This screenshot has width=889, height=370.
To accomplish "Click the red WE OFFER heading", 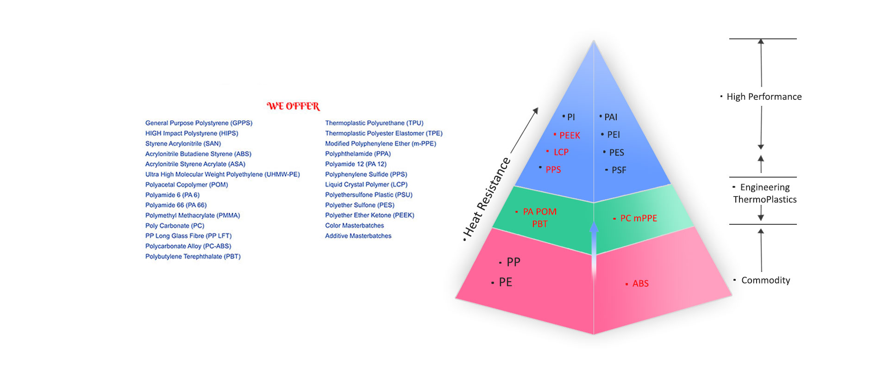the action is (x=293, y=106).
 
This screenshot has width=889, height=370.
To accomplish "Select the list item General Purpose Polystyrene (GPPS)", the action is (x=199, y=123).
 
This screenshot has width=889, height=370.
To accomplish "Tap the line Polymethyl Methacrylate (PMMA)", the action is (x=193, y=216).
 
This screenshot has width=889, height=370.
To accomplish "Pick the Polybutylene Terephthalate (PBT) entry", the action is (x=193, y=256).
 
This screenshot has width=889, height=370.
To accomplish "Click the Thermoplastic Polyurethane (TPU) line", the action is (x=374, y=123).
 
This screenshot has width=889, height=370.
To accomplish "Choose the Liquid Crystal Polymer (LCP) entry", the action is (x=366, y=185).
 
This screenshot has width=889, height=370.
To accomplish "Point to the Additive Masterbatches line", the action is (x=358, y=236).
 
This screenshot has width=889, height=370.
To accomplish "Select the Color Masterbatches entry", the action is (x=355, y=226).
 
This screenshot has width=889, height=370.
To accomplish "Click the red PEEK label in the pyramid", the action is (x=570, y=135).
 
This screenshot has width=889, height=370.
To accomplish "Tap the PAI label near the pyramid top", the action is (x=611, y=117).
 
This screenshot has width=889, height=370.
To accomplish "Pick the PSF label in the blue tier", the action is (x=619, y=170).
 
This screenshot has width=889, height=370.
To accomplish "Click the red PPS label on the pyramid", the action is (x=553, y=170).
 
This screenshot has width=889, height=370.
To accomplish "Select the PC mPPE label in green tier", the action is (x=639, y=218).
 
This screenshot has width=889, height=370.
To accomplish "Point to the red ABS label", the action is (x=640, y=284).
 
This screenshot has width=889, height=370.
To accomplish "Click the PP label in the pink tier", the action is (x=513, y=262).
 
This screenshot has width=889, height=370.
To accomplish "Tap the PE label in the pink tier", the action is (x=506, y=282).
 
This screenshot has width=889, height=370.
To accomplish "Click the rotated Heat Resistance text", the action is (x=487, y=197).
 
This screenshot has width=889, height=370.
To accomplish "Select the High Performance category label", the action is (x=764, y=97).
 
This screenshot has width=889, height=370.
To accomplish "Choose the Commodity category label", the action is (x=766, y=280).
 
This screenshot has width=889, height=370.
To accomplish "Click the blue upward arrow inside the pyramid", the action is (x=594, y=250).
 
